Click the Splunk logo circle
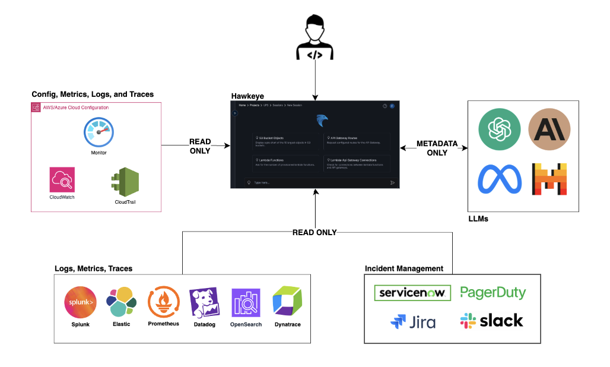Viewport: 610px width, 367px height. pos(80,302)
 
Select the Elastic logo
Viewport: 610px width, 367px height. pos(121,302)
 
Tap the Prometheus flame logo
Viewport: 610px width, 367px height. pos(163,302)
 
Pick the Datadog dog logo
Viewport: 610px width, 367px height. pos(204,303)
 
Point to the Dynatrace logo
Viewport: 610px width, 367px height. pos(287,302)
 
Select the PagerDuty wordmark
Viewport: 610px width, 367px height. pos(493,293)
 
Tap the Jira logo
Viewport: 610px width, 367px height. pos(413,321)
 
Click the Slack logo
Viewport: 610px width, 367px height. pos(491,321)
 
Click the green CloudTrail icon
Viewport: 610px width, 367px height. pos(125,183)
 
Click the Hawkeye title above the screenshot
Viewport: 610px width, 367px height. pos(247,96)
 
